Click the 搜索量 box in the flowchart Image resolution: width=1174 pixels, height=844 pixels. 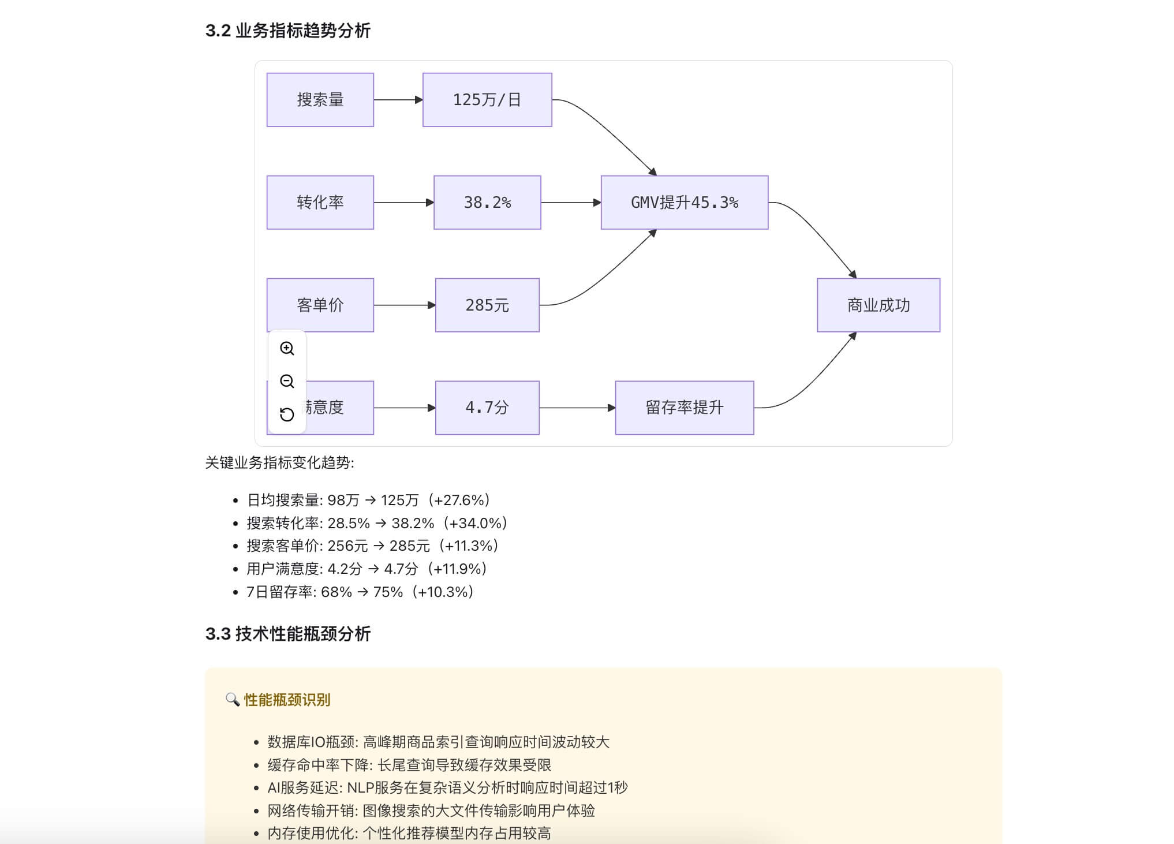point(320,100)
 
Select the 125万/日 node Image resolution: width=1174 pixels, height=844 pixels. point(487,100)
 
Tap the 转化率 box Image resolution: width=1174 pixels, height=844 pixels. point(320,203)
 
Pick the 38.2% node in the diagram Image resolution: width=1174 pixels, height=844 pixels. point(487,203)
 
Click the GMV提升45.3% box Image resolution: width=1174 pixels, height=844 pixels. point(684,203)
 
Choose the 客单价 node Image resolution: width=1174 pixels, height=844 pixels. point(320,305)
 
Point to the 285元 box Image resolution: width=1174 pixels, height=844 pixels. point(487,305)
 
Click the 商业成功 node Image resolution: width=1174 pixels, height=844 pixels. point(878,305)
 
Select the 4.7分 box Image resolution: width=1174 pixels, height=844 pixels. point(487,408)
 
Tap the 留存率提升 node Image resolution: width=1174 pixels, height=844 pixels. point(684,408)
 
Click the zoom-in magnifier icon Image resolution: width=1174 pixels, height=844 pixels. point(287,348)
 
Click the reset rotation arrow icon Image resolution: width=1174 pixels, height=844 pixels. point(287,414)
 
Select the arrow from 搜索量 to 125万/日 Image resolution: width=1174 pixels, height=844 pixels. point(398,100)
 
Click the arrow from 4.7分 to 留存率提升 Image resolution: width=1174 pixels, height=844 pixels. point(577,408)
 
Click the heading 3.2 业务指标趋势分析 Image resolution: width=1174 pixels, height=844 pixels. point(287,31)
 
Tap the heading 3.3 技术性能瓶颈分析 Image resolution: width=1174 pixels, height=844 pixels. point(287,634)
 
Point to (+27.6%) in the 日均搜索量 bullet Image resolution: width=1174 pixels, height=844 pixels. point(459,500)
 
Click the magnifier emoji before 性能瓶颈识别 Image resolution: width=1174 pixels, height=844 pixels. point(232,700)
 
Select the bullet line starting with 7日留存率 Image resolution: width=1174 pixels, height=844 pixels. point(360,592)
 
